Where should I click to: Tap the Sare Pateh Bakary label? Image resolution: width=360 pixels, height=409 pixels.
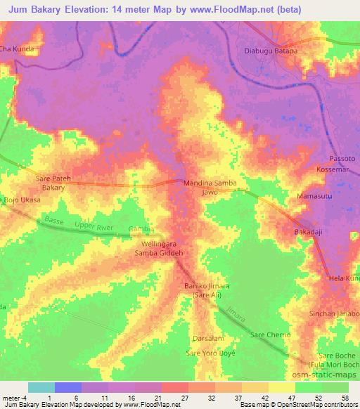point(53,184)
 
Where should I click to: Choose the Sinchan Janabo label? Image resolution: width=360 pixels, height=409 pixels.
point(335,313)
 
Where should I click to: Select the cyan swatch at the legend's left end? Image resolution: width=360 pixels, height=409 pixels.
point(41,387)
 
